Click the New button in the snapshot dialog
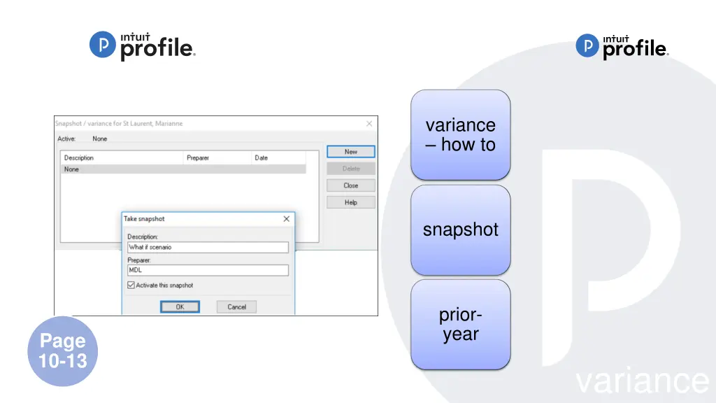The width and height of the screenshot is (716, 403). coord(351,152)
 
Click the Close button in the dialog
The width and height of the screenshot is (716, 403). coord(351,185)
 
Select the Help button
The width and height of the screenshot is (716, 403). coord(351,202)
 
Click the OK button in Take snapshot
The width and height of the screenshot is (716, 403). coord(180,306)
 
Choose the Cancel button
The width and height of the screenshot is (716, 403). coord(236,306)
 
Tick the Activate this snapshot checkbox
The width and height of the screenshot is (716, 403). coord(131,285)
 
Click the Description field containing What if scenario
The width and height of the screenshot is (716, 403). coord(208,247)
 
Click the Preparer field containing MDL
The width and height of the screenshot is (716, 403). coord(208,270)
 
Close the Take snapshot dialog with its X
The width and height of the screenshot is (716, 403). coord(286,219)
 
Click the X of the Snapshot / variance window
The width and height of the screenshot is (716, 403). coord(369,124)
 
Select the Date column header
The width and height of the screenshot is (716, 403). coord(262,158)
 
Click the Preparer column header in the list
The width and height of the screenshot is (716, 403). coord(198,158)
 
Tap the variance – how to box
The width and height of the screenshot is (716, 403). coord(460,135)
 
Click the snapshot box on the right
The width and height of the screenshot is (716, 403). coord(460,229)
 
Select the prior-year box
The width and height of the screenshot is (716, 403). coord(460,325)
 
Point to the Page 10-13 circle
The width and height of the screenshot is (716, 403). coord(63,351)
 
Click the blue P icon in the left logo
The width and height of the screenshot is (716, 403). coord(102,45)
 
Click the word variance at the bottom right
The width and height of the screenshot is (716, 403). coord(642,381)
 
